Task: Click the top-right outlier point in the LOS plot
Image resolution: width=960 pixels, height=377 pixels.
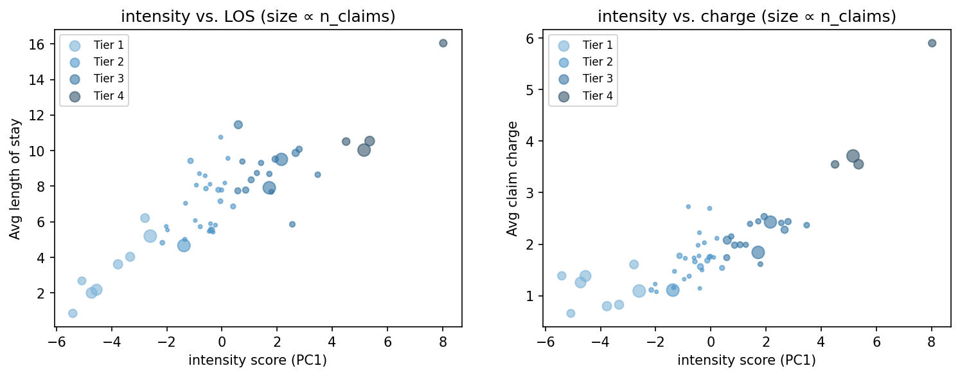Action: point(443,43)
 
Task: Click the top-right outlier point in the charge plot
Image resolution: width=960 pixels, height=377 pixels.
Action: point(932,43)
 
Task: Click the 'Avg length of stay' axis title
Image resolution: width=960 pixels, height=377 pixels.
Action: point(15,179)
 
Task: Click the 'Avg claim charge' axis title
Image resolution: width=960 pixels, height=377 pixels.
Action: point(512,179)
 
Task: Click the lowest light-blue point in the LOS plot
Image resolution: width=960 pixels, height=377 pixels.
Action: point(73,313)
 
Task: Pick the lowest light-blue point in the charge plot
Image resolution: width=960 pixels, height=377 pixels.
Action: point(571,313)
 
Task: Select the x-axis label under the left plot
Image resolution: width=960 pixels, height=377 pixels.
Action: point(258,360)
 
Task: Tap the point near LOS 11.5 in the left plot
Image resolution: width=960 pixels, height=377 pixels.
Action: point(238,125)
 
